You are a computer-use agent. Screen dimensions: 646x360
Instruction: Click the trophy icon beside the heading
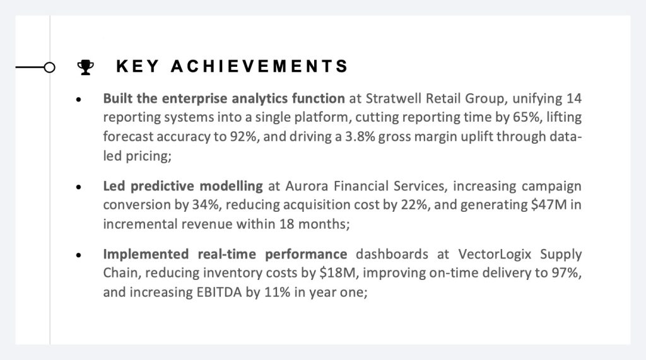tap(85, 67)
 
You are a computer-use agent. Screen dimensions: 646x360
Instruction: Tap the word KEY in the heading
tap(137, 66)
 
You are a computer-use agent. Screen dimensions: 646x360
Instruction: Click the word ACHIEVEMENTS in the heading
tap(259, 66)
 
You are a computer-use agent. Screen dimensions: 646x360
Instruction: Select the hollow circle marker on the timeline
tap(49, 67)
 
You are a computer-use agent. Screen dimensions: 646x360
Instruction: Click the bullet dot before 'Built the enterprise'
tap(79, 99)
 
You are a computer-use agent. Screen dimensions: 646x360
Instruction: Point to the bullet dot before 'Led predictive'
tap(79, 187)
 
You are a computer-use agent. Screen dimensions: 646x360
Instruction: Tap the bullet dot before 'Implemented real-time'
tap(79, 255)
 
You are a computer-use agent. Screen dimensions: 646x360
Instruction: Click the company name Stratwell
tap(394, 98)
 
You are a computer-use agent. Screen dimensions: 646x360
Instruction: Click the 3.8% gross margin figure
tap(360, 136)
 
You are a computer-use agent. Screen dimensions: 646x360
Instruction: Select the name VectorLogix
tap(495, 254)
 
